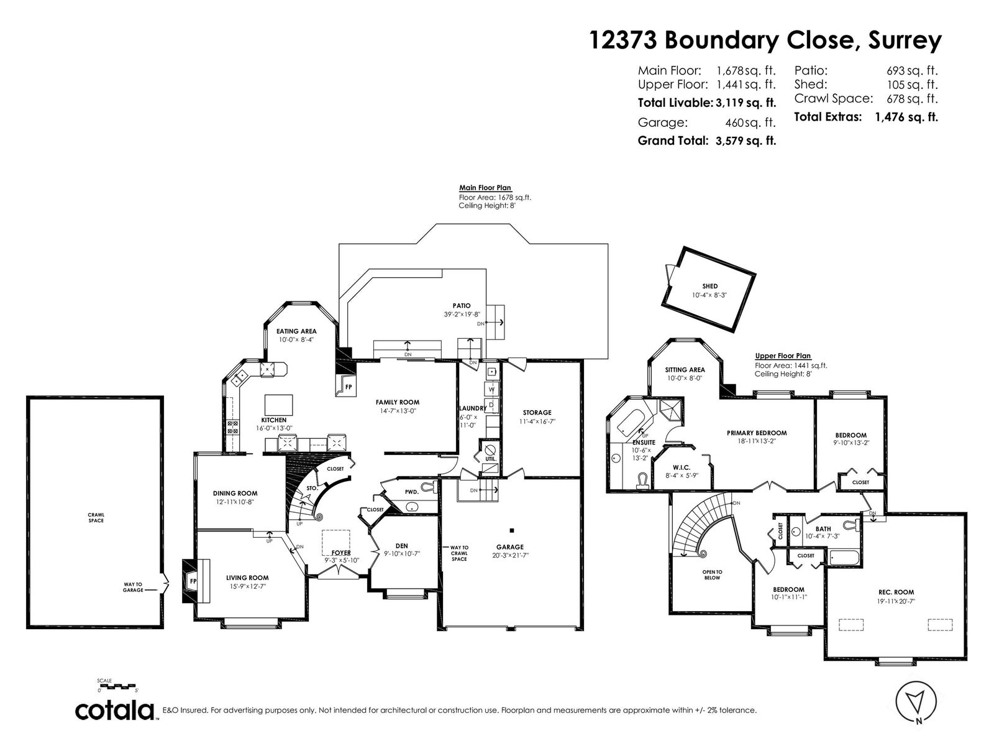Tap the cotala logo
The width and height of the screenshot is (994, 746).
click(115, 712)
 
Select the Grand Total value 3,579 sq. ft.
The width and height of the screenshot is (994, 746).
click(745, 141)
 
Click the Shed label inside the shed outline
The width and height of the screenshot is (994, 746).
click(709, 286)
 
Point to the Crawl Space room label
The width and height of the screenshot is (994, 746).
click(96, 518)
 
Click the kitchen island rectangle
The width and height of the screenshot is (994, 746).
click(278, 405)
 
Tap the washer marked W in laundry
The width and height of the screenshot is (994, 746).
click(491, 389)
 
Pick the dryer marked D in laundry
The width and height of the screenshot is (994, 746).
click(491, 405)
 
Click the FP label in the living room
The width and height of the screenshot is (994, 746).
click(193, 581)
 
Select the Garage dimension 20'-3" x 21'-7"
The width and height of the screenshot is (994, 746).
click(511, 555)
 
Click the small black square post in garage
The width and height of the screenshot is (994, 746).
click(512, 530)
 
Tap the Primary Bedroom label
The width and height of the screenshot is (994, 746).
click(757, 433)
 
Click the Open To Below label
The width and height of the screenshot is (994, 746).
click(713, 575)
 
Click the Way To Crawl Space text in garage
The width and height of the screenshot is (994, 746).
click(459, 553)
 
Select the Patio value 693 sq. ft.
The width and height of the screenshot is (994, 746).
click(912, 71)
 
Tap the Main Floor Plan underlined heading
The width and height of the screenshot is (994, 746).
click(485, 188)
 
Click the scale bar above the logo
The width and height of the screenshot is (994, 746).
click(118, 686)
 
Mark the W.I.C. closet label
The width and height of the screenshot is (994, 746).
click(681, 467)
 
